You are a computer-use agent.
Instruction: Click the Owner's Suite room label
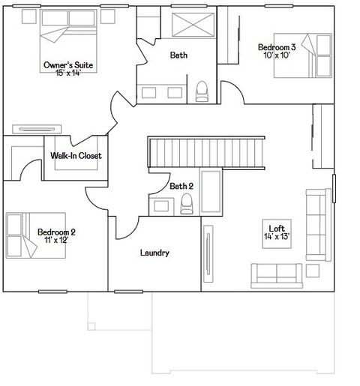pos(69,65)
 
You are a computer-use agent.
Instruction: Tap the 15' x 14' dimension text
pos(69,73)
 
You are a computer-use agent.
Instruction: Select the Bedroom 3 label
pos(277,47)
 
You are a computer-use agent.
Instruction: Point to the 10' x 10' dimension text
pos(277,55)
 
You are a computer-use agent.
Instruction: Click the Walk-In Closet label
pos(76,156)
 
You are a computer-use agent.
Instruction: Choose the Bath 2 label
pos(181,186)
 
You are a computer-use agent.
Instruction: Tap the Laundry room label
pos(154,253)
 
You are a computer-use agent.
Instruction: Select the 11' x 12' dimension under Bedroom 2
pos(57,241)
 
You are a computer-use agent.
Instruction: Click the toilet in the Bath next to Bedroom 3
pos(201,91)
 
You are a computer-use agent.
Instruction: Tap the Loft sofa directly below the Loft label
pos(277,273)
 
